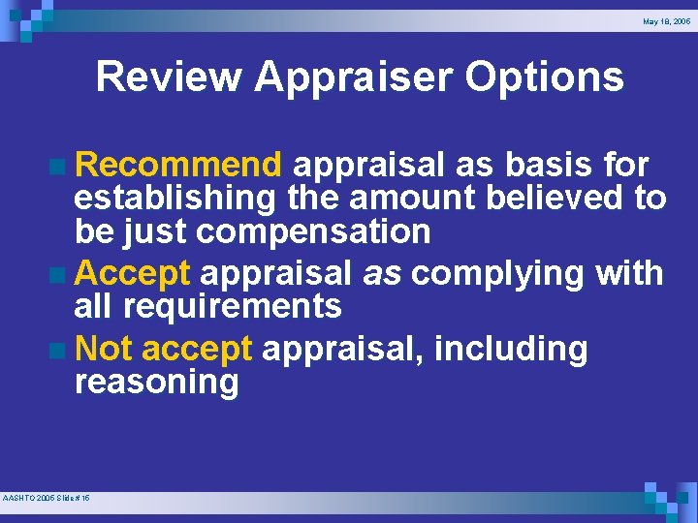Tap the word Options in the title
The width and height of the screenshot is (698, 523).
544,77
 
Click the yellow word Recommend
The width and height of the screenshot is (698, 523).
178,165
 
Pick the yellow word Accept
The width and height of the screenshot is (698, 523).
132,274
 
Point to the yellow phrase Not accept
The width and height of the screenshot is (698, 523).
163,348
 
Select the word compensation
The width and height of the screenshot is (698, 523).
313,232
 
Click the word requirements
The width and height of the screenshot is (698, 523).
233,307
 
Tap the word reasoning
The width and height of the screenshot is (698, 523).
156,382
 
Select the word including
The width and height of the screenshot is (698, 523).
511,348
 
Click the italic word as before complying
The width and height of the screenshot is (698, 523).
382,274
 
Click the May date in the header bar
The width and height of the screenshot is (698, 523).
666,20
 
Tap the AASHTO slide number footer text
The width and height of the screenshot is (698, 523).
47,497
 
